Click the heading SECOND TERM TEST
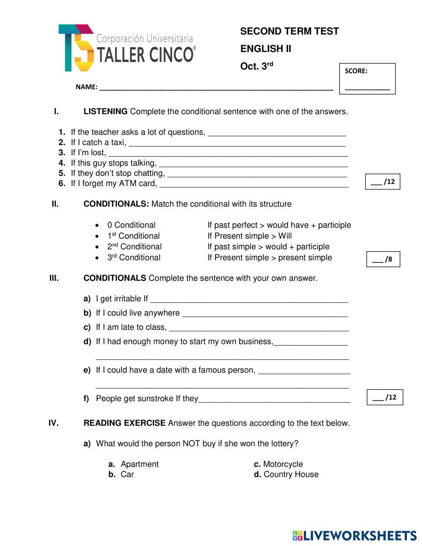point(289,32)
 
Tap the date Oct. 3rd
point(257,66)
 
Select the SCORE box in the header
point(367,79)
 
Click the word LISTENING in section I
point(105,112)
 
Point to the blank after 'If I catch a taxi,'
point(236,143)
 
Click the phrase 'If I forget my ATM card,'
point(114,184)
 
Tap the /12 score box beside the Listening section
point(382,182)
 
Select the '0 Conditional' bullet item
point(131,225)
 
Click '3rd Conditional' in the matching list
point(134,258)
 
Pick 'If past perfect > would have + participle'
point(279,225)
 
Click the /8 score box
point(383,259)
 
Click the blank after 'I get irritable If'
point(249,300)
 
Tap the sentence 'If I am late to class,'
point(131,327)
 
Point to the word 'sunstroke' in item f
point(156,399)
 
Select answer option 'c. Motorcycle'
point(279,464)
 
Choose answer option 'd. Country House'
point(286,475)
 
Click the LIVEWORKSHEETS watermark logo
point(354,536)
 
